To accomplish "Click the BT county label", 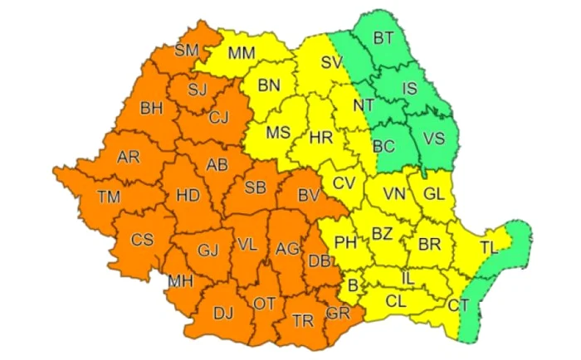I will [x=384, y=37].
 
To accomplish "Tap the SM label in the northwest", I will [x=187, y=51].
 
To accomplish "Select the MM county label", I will [x=242, y=54].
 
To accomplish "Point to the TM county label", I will [x=109, y=197].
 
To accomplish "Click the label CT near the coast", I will [x=458, y=305].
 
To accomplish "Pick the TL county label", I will [x=489, y=246].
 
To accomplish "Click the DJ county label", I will [x=223, y=312].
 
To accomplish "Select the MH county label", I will [x=181, y=281].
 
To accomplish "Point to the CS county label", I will [x=143, y=241].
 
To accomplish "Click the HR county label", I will [x=320, y=138].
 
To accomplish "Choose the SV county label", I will [x=333, y=63].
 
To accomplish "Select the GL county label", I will [x=434, y=194].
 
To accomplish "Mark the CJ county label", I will [x=218, y=116].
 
